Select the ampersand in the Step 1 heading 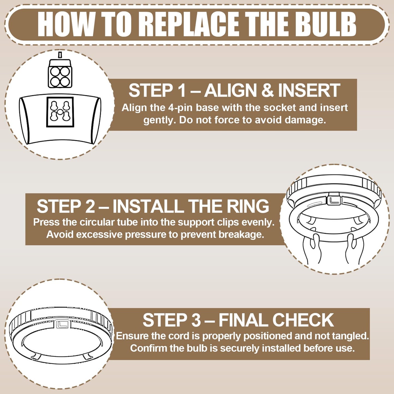[x=267, y=90]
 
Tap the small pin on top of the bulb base [x=60, y=55]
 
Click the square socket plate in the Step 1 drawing [x=60, y=112]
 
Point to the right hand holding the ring [x=353, y=250]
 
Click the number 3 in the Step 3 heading [x=197, y=320]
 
